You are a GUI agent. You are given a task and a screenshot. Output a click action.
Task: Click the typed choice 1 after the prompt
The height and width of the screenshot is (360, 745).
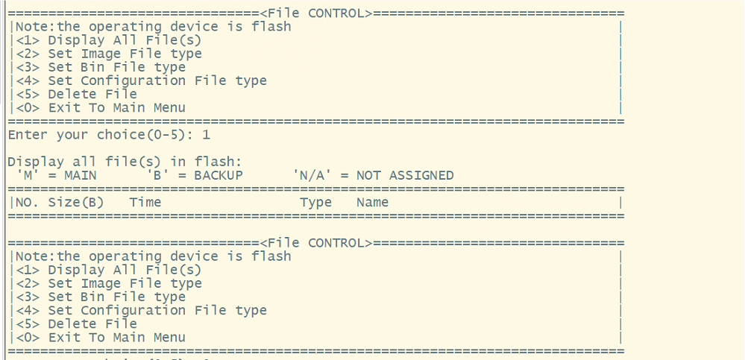(206, 135)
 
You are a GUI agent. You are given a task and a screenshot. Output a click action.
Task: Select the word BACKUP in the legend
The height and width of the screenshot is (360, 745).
(219, 175)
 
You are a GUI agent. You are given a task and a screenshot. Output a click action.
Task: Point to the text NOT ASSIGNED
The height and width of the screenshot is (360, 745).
(405, 175)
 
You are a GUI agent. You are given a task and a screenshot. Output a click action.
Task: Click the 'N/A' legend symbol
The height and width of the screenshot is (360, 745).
(312, 175)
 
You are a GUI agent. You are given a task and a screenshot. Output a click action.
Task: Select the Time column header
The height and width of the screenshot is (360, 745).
(145, 202)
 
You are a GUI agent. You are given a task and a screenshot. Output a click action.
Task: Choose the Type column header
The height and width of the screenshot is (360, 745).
(315, 202)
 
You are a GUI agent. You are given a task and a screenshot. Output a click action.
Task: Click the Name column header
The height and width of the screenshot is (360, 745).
(372, 202)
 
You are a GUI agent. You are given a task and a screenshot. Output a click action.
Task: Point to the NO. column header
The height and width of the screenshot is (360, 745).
(28, 202)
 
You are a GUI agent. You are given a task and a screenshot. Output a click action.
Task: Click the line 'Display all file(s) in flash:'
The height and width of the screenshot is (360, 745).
(125, 162)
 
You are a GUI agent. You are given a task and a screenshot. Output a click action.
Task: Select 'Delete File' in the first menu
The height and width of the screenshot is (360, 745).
(92, 94)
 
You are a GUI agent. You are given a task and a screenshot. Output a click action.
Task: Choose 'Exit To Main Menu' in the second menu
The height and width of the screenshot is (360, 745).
(116, 337)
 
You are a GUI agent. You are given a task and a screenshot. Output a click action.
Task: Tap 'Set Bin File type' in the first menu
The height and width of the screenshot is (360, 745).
(116, 67)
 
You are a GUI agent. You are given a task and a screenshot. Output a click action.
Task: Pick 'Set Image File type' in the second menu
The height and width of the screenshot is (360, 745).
(125, 283)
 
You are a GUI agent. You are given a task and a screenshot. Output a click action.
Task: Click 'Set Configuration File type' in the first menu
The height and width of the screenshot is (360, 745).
(157, 80)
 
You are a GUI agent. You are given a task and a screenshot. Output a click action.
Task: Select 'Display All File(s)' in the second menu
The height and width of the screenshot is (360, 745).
(125, 270)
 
